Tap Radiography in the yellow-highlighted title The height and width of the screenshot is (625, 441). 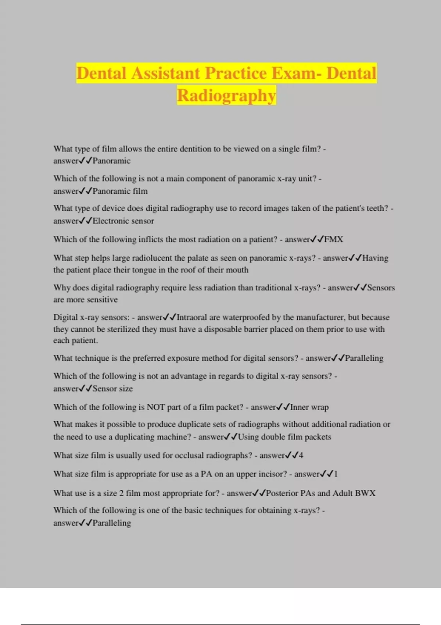coord(226,96)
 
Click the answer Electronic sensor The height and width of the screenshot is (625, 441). coord(123,221)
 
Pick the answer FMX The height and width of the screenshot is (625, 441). coord(334,240)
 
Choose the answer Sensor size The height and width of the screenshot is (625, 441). coord(112,389)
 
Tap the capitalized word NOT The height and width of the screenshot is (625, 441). coord(156,407)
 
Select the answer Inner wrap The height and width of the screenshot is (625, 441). coord(309,407)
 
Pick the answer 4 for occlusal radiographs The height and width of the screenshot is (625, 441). coord(301,456)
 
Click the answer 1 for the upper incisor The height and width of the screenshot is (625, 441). coord(336,474)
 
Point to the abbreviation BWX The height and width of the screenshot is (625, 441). coord(365,493)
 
